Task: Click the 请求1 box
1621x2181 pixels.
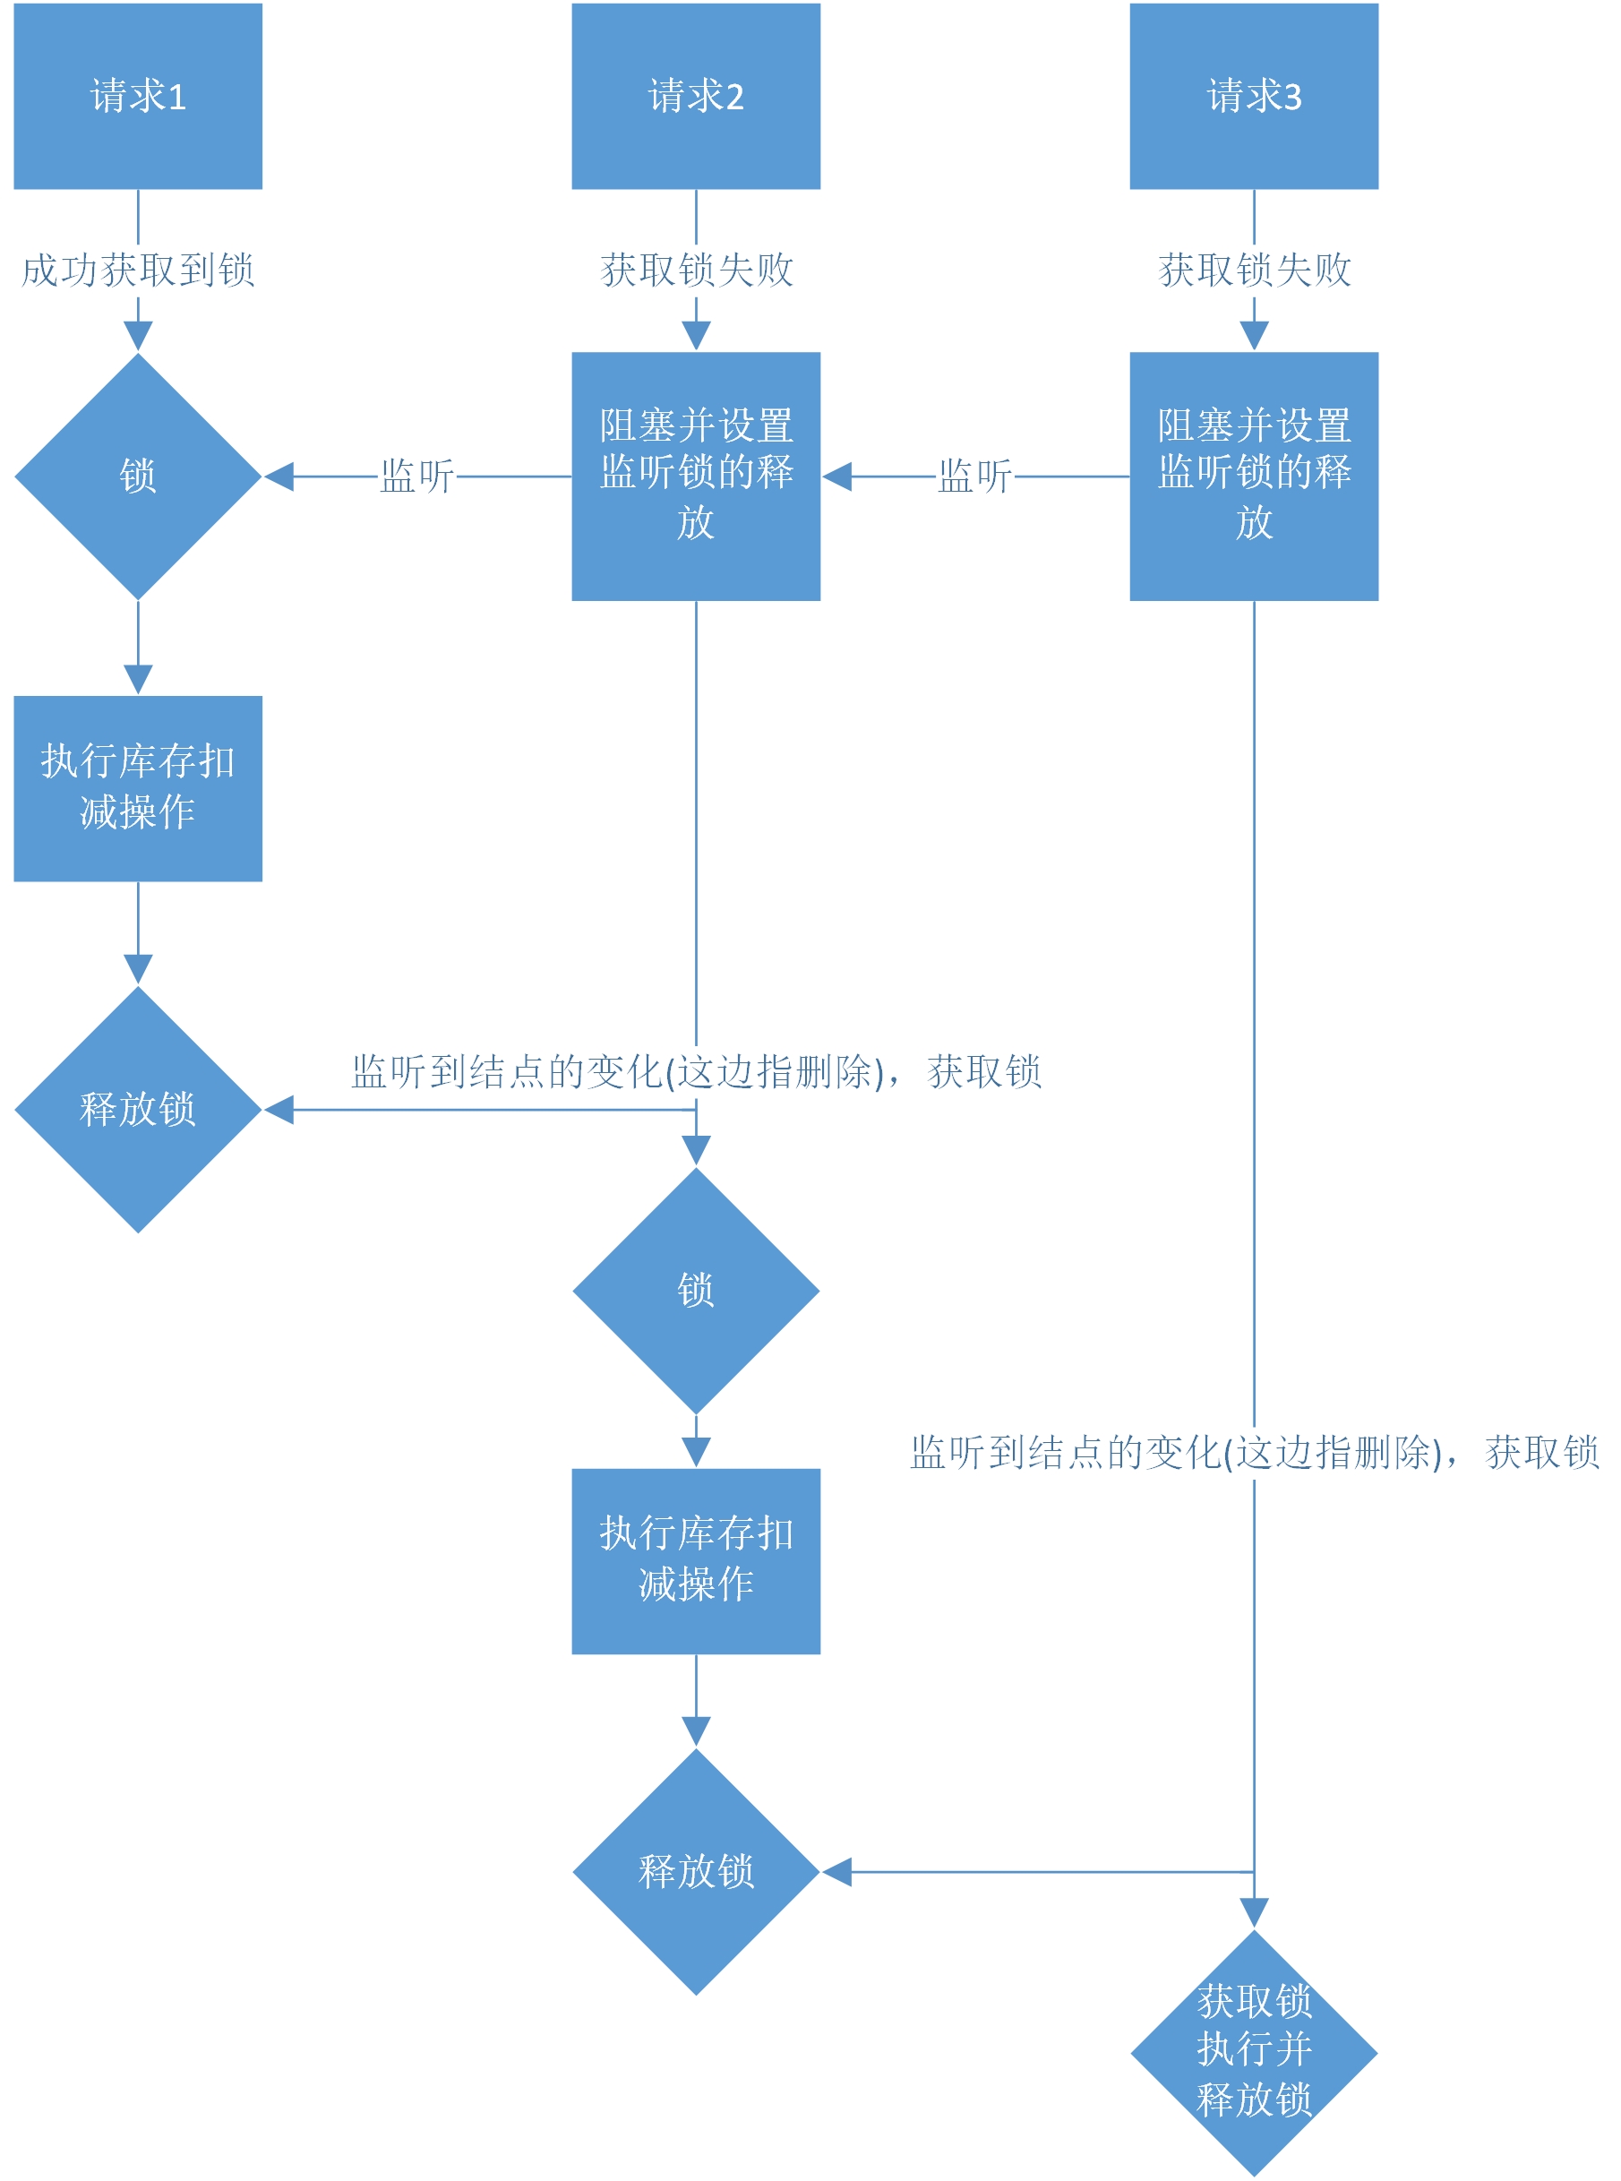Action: pos(137,96)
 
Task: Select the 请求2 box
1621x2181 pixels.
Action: pos(696,96)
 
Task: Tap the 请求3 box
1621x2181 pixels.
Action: pos(1253,96)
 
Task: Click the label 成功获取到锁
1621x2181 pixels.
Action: pos(137,270)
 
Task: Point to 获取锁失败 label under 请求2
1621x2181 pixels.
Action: pos(696,270)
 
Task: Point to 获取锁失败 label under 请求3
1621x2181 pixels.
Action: pos(1253,270)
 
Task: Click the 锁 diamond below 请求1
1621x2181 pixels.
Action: pos(137,476)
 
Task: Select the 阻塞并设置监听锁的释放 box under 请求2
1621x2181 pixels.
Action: pos(696,476)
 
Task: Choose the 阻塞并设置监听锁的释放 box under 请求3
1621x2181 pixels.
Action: pos(1253,476)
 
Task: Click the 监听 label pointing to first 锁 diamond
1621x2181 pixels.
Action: pos(416,477)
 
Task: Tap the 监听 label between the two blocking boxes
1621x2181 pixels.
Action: pos(973,477)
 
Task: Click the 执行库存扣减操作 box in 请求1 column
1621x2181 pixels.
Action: pos(137,788)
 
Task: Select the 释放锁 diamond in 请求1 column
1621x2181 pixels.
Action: pos(137,1109)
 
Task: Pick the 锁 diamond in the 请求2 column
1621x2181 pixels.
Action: pos(696,1289)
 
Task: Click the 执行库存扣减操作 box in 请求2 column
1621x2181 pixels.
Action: pos(696,1560)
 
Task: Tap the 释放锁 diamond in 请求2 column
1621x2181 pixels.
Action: pos(696,1871)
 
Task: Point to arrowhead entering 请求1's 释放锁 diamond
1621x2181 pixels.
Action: pos(279,1110)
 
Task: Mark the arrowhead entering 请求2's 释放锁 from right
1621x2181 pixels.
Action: pos(836,1871)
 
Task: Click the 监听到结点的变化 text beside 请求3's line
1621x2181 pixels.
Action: pos(1253,1452)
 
